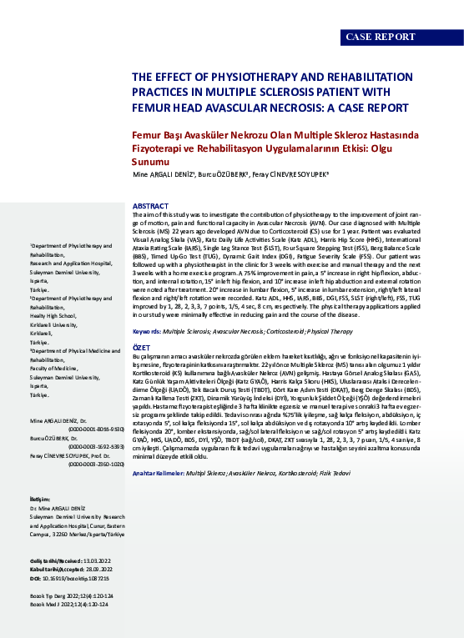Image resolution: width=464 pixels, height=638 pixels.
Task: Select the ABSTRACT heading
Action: (150, 205)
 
